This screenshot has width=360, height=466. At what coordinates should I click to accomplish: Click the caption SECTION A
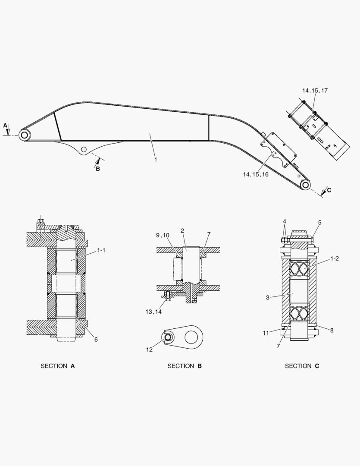[x=58, y=366]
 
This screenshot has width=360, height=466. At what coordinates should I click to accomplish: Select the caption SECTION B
[x=185, y=366]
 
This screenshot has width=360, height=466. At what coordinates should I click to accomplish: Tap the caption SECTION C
[x=302, y=366]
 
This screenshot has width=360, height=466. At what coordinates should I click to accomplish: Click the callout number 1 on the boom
[x=155, y=160]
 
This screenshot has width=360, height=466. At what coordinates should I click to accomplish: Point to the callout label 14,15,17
[x=315, y=91]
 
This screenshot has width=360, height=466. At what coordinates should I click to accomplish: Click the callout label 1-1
[x=101, y=250]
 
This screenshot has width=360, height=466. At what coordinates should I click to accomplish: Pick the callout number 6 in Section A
[x=96, y=340]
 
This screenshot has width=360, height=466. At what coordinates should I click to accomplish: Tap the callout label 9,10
[x=163, y=235]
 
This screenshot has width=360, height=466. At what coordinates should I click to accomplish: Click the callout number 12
[x=149, y=349]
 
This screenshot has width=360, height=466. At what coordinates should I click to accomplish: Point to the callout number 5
[x=319, y=223]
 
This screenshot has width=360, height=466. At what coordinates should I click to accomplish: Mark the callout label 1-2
[x=334, y=258]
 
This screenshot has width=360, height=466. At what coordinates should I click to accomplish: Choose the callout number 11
[x=266, y=333]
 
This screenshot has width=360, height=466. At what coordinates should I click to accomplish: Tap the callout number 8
[x=331, y=331]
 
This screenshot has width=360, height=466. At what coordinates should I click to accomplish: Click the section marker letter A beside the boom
[x=5, y=125]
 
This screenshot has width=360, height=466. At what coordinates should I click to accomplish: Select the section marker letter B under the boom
[x=97, y=169]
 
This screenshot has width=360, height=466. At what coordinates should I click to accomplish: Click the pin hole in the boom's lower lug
[x=84, y=149]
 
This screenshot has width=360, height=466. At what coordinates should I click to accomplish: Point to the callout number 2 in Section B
[x=182, y=231]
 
